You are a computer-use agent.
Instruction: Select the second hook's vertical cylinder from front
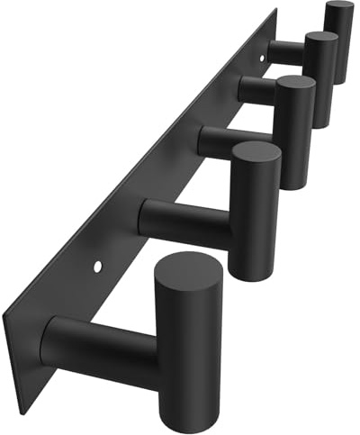(254, 216)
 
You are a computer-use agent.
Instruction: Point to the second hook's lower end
(254, 273)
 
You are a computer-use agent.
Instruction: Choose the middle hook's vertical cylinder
(295, 135)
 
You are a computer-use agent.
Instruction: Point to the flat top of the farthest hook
(339, 8)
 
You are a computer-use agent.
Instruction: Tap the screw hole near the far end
(264, 59)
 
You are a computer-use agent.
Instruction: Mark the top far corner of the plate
(274, 10)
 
